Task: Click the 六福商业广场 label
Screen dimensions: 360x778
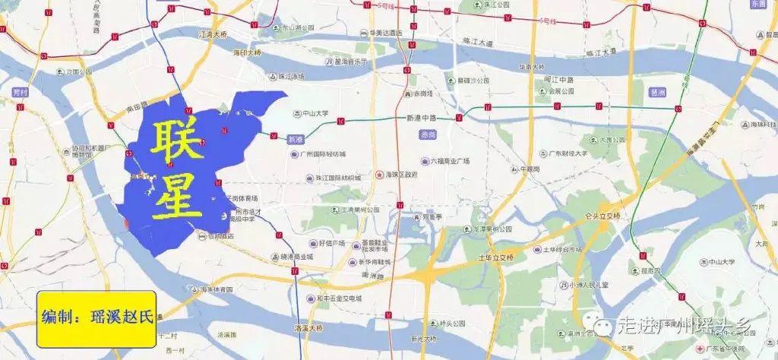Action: tap(456, 161)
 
